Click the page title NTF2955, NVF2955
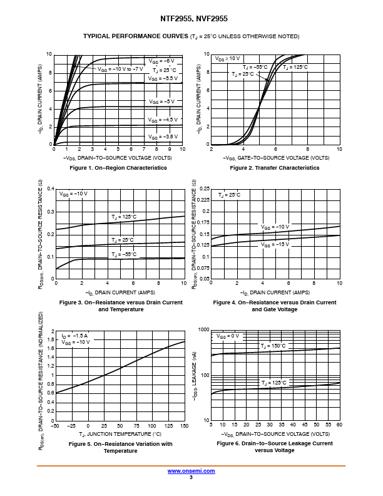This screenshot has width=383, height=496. tap(191, 19)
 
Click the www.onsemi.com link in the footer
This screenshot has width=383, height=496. tap(191, 470)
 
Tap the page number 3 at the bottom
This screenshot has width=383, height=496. tap(191, 477)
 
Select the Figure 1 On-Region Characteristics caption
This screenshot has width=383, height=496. tap(118, 168)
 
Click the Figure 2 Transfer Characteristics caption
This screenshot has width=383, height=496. tap(275, 168)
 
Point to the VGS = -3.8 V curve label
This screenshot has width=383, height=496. tap(163, 136)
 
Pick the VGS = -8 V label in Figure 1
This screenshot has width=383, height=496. tap(161, 61)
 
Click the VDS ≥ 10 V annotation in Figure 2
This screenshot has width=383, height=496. tap(227, 58)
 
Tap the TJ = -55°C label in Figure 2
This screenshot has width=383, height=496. tap(255, 66)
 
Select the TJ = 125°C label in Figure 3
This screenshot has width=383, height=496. tap(124, 216)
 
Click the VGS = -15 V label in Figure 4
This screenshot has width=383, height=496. tap(275, 244)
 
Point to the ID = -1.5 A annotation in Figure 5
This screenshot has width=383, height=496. tap(75, 336)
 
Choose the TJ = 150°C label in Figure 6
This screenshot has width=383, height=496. tap(273, 346)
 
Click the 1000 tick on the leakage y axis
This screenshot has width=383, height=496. tap(203, 329)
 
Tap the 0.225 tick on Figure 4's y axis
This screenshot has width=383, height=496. tap(202, 200)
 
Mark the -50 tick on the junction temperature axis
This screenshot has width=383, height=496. tap(55, 426)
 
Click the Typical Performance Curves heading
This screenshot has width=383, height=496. tap(191, 36)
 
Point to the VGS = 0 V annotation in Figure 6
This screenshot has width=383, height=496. tap(228, 336)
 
